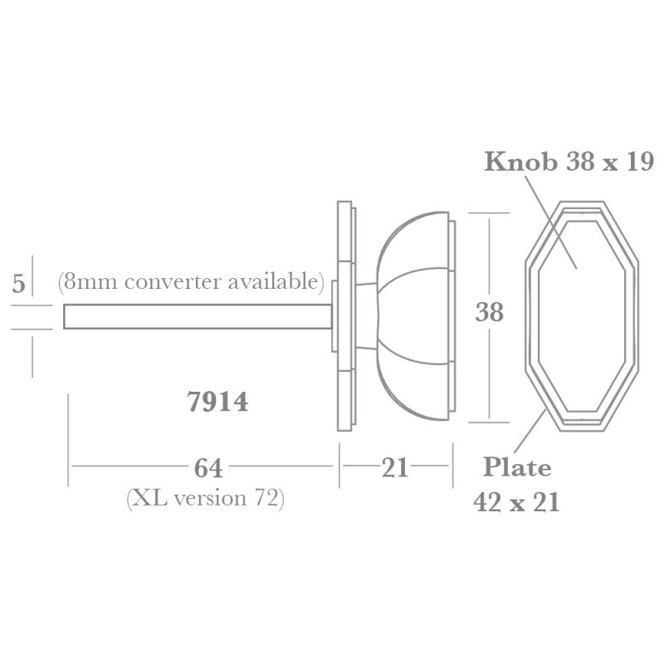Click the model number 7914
click(x=218, y=401)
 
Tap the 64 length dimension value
click(x=207, y=468)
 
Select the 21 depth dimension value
click(x=395, y=468)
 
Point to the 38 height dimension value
click(x=490, y=313)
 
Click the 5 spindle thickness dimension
click(x=18, y=285)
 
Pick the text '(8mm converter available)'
click(x=191, y=281)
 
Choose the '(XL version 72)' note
click(x=205, y=498)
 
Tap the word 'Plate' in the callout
click(x=517, y=467)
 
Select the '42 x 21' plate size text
click(x=515, y=502)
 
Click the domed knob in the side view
click(x=413, y=315)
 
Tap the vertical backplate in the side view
click(x=344, y=315)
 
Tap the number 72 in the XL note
click(x=267, y=498)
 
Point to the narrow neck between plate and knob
click(x=365, y=315)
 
